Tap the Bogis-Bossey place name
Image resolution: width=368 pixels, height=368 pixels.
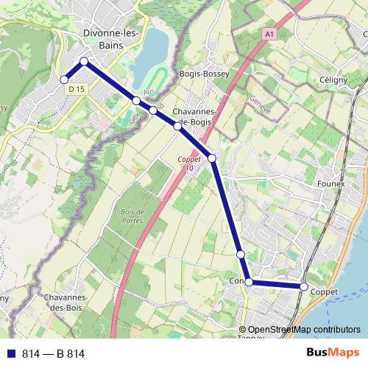click(x=205, y=74)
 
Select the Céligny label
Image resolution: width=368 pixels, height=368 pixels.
click(x=333, y=79)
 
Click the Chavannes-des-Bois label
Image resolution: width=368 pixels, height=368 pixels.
click(x=67, y=302)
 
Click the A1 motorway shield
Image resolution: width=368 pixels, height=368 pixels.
click(x=269, y=34)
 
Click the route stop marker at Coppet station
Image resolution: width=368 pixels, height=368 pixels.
click(x=303, y=286)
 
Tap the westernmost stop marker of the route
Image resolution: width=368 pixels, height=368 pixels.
click(x=64, y=79)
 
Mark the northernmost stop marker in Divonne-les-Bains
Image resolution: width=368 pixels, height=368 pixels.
click(x=84, y=62)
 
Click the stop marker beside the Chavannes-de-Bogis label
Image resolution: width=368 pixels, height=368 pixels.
click(x=177, y=126)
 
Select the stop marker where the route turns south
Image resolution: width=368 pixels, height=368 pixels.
click(x=212, y=158)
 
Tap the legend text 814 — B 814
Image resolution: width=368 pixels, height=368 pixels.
click(x=53, y=354)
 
